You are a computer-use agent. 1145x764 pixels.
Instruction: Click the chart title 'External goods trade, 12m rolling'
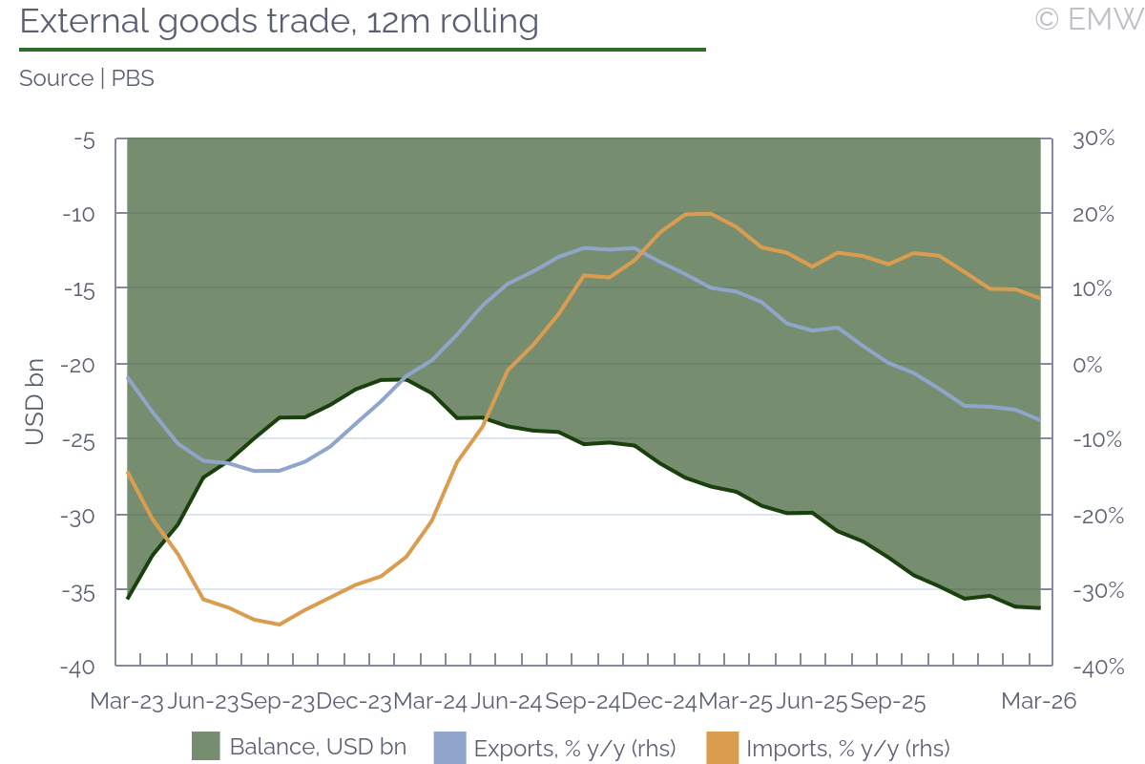[279, 21]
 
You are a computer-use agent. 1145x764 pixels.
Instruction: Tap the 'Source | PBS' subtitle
[87, 78]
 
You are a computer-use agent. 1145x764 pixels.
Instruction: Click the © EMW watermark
[1089, 19]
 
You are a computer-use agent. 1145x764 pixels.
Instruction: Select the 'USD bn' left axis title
[34, 402]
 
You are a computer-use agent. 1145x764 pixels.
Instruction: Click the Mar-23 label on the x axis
[127, 701]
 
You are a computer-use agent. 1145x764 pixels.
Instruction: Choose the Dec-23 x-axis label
[354, 701]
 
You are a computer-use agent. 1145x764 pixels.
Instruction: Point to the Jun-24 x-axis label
[506, 701]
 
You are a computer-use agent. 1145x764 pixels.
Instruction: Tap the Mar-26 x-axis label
[1038, 701]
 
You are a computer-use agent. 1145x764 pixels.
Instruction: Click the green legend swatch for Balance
[206, 747]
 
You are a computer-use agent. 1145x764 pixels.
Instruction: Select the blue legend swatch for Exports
[449, 747]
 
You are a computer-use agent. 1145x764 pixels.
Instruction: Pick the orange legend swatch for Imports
[722, 747]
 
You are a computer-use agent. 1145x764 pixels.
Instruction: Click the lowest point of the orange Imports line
[279, 625]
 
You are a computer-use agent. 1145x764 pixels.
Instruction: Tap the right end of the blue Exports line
[1039, 419]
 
